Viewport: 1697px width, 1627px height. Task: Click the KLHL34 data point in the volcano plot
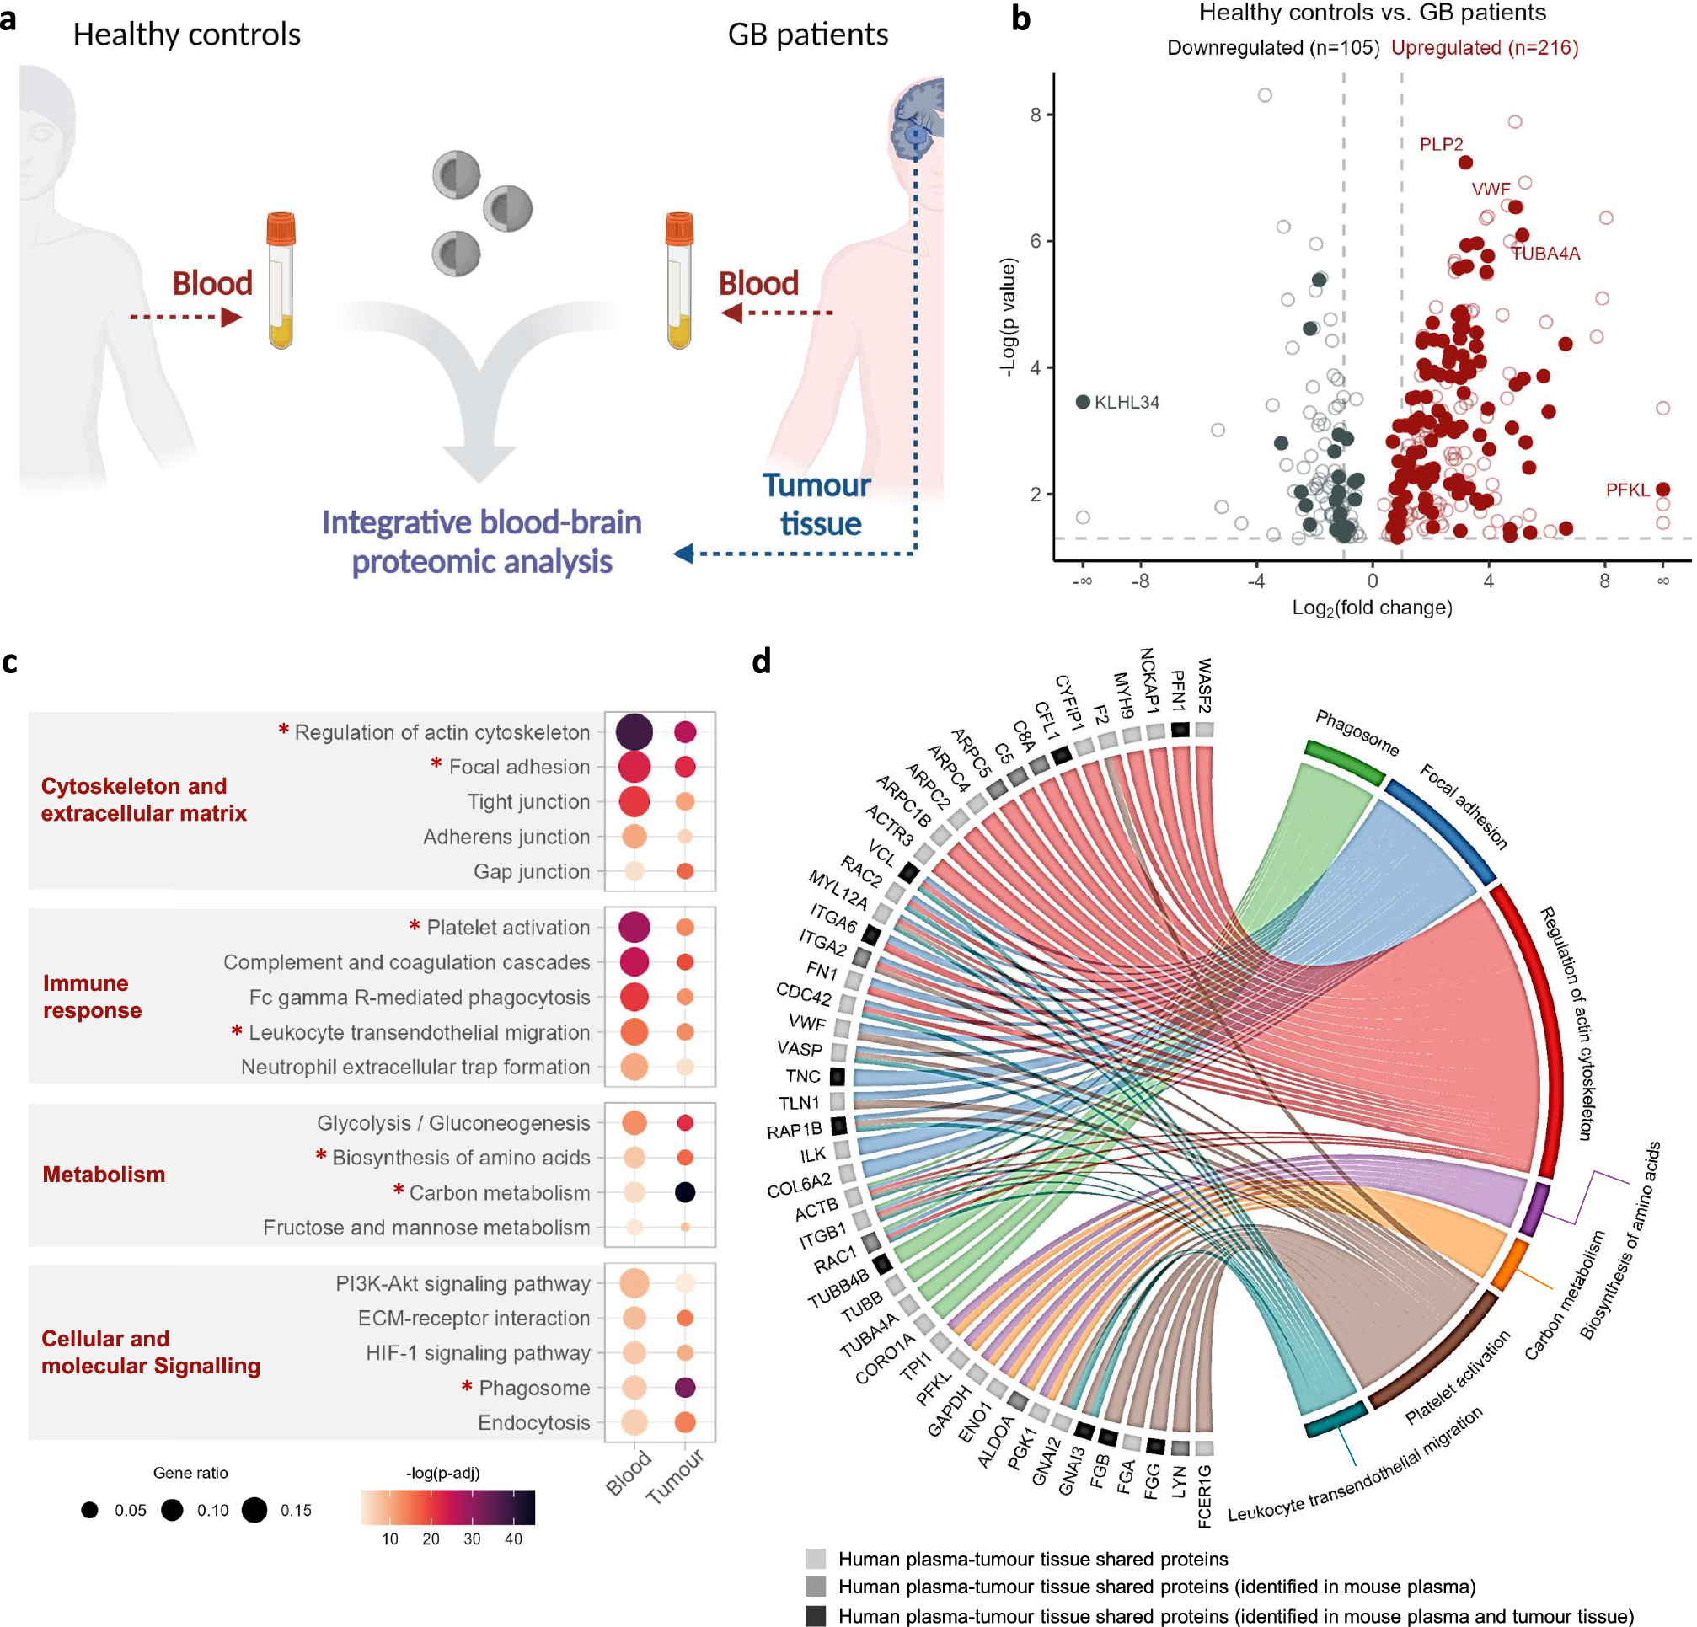1082,402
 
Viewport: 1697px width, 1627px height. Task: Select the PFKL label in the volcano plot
1627,490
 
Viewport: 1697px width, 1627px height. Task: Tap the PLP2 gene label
1441,145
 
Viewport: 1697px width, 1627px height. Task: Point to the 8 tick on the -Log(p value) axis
1036,115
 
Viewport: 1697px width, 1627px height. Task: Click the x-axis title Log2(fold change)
1372,607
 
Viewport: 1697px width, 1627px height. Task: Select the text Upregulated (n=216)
1484,48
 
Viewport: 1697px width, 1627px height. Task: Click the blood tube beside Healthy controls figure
281,281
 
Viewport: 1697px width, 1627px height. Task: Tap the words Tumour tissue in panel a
818,505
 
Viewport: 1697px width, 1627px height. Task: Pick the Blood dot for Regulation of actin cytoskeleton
634,731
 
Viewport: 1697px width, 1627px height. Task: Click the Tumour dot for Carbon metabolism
685,1192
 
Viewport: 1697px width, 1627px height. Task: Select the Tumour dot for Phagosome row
685,1388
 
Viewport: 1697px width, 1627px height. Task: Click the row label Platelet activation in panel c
507,928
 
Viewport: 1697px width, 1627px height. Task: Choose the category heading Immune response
91,997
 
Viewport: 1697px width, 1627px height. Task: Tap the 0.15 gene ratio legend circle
254,1510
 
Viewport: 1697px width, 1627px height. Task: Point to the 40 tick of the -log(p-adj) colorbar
513,1539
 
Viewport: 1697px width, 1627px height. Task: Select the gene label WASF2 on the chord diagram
1203,685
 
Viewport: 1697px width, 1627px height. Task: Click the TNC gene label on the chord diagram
803,1076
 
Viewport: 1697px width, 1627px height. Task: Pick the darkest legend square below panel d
815,1616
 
